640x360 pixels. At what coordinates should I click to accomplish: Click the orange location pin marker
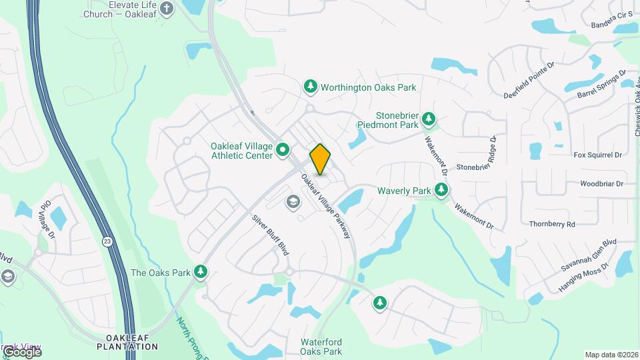pos(320,159)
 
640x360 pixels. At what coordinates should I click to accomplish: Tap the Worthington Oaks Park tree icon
pos(310,87)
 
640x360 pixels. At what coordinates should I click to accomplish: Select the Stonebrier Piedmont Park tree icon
pos(429,120)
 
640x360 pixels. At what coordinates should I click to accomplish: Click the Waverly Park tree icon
pos(441,191)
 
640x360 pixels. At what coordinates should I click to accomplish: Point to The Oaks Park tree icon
pos(200,272)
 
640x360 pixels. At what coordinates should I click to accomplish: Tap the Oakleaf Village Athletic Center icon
pos(283,151)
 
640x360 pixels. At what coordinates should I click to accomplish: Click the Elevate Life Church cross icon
pos(167,9)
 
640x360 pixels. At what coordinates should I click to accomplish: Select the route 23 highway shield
pos(107,241)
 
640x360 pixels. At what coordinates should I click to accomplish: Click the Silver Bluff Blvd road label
pos(270,235)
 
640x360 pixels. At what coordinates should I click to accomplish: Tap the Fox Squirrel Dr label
pos(597,155)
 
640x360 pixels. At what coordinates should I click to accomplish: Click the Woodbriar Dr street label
pos(601,183)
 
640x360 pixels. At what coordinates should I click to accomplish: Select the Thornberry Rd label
pos(551,225)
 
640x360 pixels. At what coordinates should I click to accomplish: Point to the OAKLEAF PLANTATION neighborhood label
pos(127,342)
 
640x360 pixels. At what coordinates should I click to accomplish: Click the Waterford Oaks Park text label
pos(321,347)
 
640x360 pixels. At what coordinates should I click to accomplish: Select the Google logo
pos(21,351)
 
